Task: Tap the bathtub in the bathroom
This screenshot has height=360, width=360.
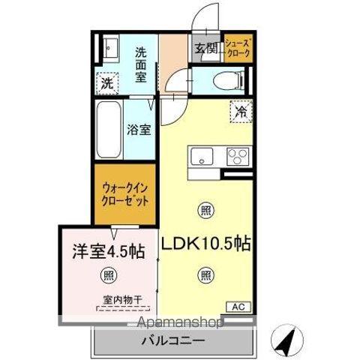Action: [109, 130]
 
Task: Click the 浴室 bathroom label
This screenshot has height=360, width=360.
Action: [140, 129]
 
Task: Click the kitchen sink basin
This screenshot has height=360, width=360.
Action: [202, 157]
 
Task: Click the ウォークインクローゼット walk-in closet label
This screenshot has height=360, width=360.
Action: [125, 194]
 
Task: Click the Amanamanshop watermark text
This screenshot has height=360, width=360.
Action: [179, 323]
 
